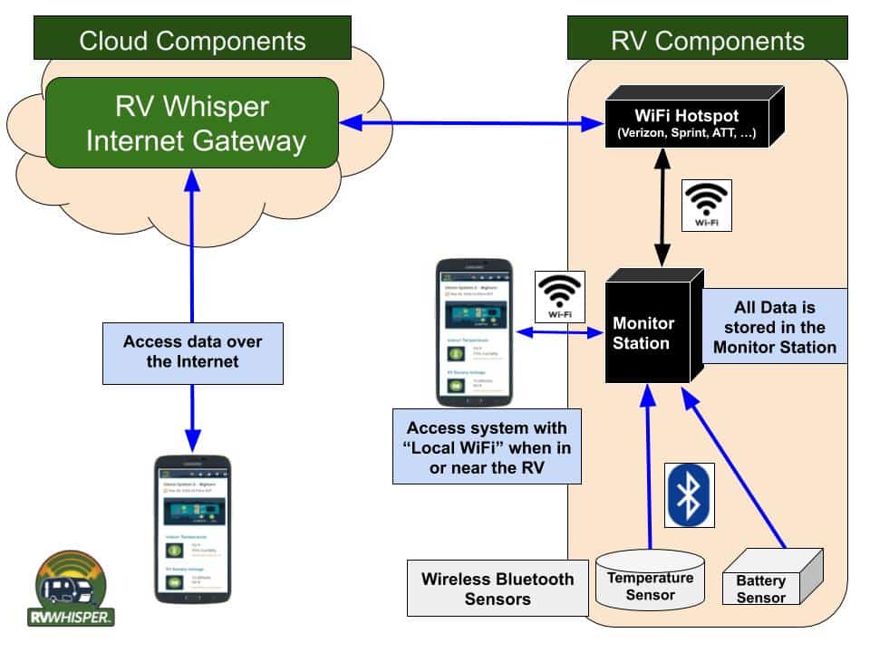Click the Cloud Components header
[192, 41]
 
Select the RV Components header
[708, 41]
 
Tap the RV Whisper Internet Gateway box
[191, 123]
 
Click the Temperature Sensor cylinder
[650, 584]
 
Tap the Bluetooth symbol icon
[691, 494]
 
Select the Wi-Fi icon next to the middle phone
[560, 296]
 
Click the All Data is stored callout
[776, 327]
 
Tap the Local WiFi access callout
[487, 446]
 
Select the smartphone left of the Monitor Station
[473, 332]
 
